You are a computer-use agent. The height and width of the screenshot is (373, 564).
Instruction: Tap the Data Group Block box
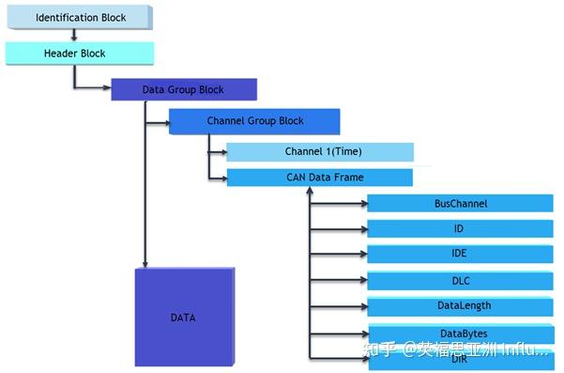pyautogui.click(x=184, y=90)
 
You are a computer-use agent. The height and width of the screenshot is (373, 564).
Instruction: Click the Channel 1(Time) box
pyautogui.click(x=320, y=151)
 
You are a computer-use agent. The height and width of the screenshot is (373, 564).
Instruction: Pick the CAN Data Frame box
pyautogui.click(x=320, y=177)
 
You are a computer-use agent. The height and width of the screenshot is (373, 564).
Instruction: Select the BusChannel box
pyautogui.click(x=460, y=203)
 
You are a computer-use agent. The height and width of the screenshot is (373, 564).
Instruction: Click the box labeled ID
pyautogui.click(x=460, y=228)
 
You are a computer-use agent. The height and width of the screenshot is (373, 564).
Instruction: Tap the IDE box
pyautogui.click(x=460, y=255)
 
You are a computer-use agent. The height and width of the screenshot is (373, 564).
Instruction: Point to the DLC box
pyautogui.click(x=460, y=280)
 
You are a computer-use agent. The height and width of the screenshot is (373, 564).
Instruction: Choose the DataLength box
pyautogui.click(x=460, y=305)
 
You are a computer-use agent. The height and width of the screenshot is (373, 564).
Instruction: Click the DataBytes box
pyautogui.click(x=460, y=333)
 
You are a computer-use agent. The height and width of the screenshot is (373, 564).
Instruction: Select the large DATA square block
pyautogui.click(x=184, y=318)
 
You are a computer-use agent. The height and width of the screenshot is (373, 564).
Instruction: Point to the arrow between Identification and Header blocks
pyautogui.click(x=74, y=35)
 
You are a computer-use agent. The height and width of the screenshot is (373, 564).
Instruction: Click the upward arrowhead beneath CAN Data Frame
pyautogui.click(x=309, y=192)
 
